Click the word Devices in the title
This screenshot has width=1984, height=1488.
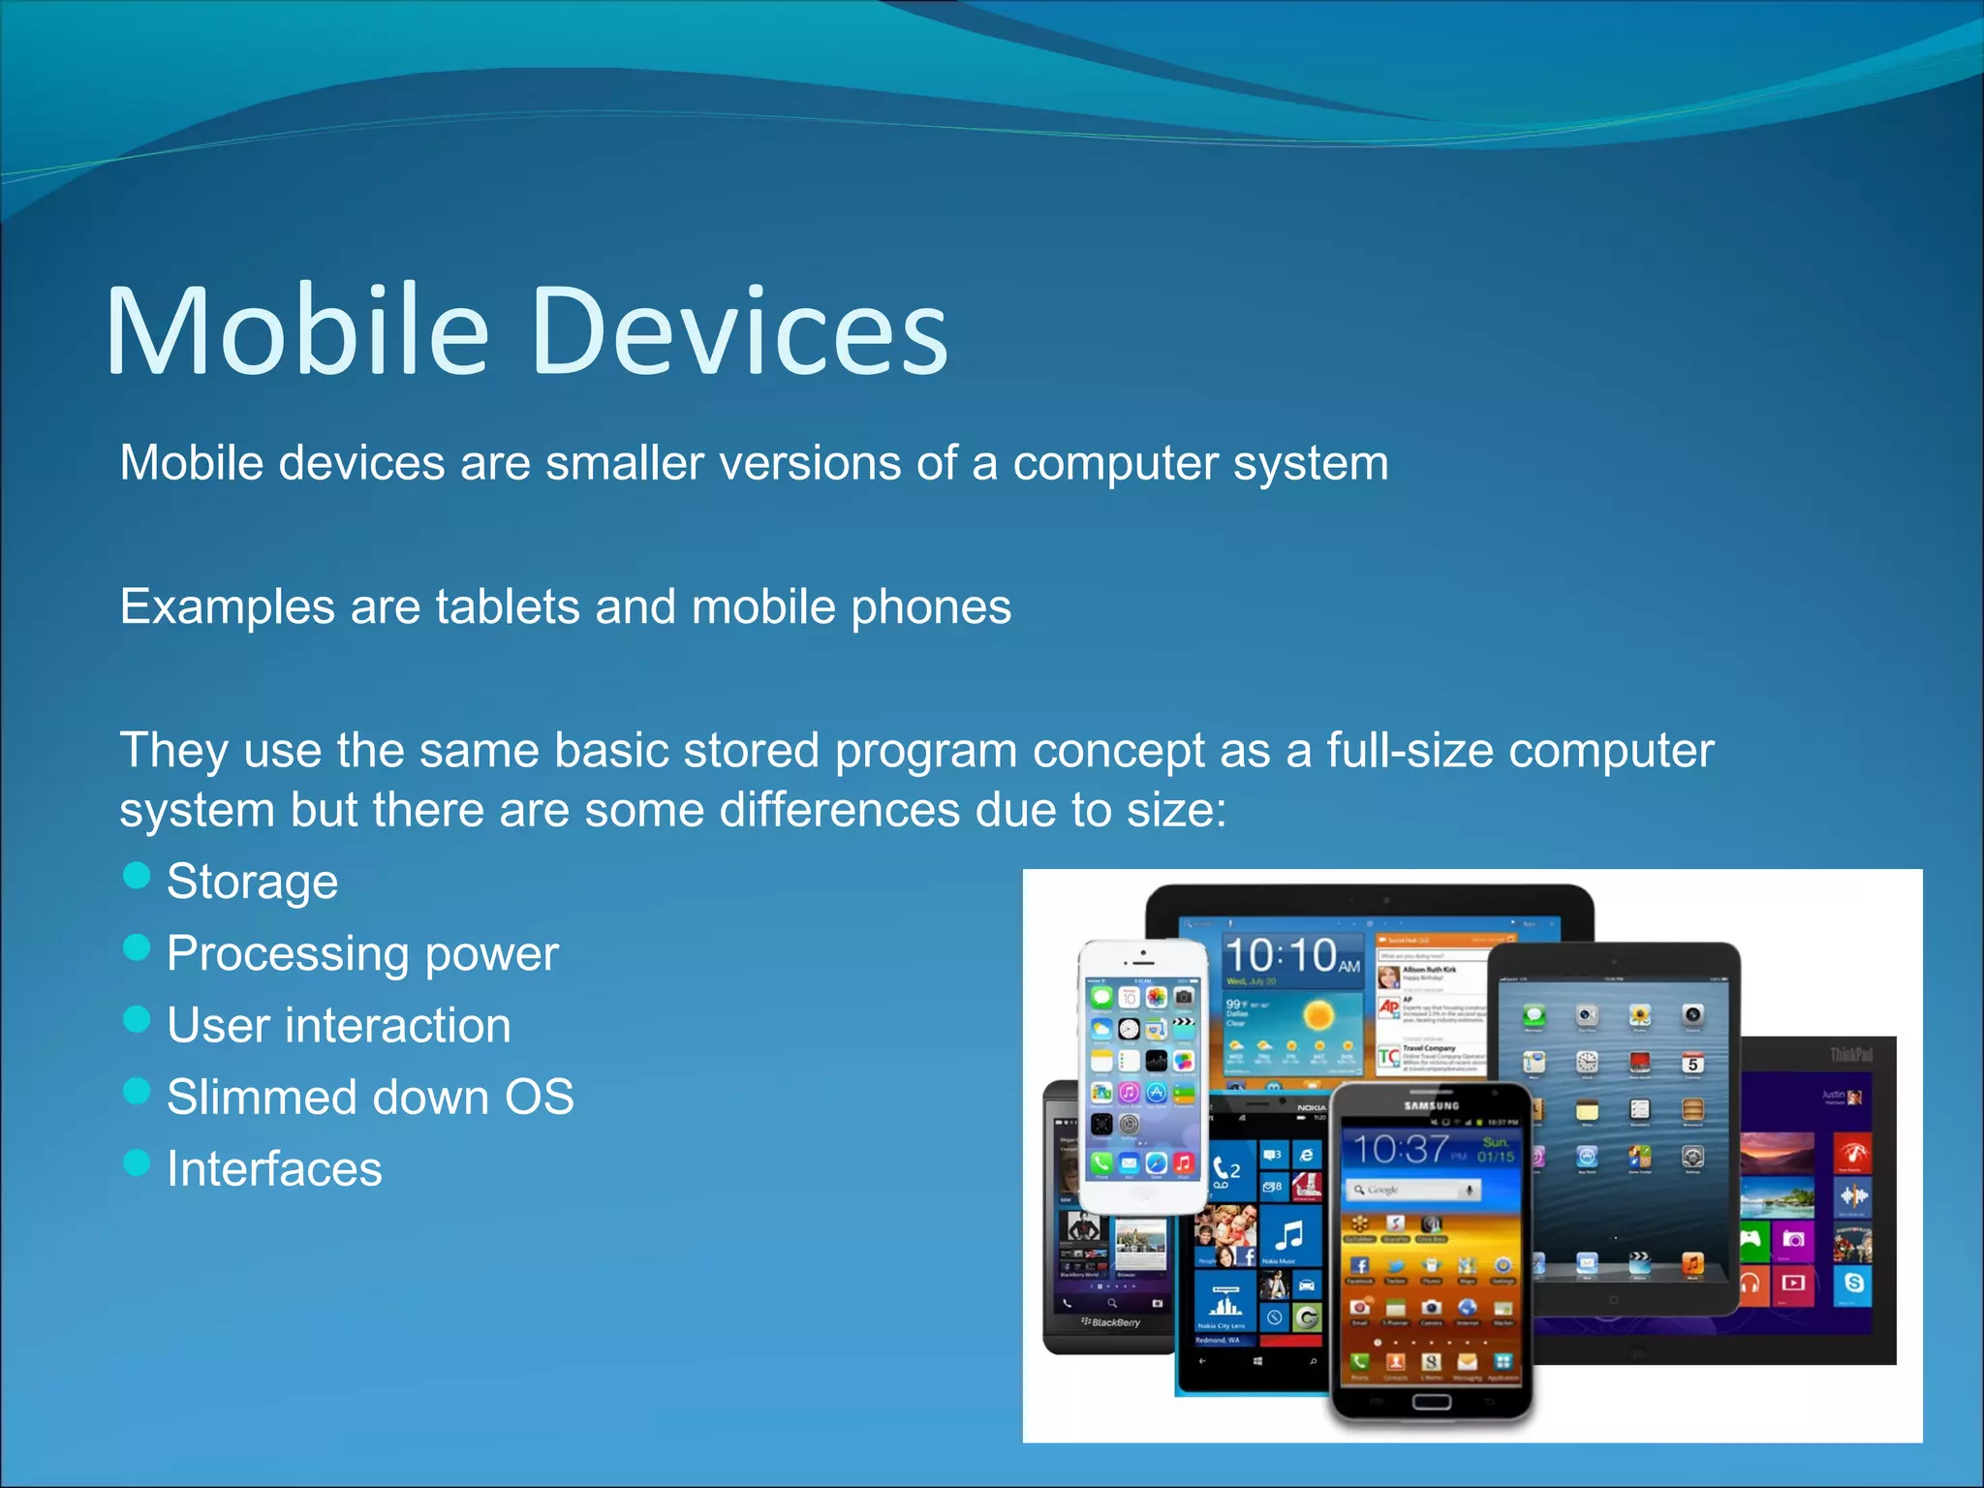(x=740, y=331)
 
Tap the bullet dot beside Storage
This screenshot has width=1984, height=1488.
(x=138, y=875)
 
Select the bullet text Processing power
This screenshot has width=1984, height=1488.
(x=362, y=953)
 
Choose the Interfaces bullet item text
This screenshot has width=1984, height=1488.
(x=274, y=1168)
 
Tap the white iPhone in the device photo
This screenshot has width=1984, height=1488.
(x=1143, y=1075)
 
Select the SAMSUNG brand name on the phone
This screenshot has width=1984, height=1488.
(x=1431, y=1105)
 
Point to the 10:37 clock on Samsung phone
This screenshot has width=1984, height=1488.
(x=1401, y=1150)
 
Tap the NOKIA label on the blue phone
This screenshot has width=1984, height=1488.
(x=1311, y=1107)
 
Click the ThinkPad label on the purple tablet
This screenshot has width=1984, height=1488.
(x=1850, y=1054)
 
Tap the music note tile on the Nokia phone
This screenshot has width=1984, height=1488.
(x=1289, y=1235)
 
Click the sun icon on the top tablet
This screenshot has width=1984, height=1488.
(x=1318, y=1015)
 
